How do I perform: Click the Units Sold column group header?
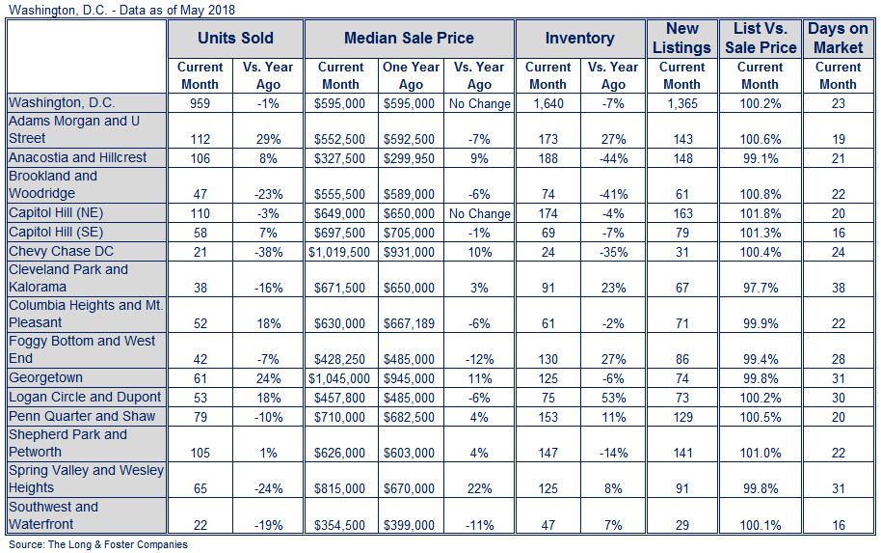pos(235,39)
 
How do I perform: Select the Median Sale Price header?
pos(409,39)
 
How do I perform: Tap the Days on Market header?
pos(839,38)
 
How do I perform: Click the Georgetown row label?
pos(45,378)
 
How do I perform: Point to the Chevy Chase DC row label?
pos(61,252)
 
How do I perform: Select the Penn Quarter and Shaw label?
pos(82,416)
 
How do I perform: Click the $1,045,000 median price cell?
pos(339,378)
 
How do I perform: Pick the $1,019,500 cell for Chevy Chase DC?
pos(339,252)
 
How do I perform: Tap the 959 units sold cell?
pos(200,103)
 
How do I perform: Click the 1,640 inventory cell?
pos(547,103)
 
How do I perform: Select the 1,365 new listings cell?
pos(682,103)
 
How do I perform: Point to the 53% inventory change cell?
pos(613,398)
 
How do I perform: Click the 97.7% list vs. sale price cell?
pos(761,288)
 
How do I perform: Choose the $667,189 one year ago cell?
pos(409,324)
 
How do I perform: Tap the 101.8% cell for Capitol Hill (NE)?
pos(761,214)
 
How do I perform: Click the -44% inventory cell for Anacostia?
pos(613,158)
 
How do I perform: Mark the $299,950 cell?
pos(409,158)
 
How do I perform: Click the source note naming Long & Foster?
pos(97,544)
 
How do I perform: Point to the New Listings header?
pos(682,38)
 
